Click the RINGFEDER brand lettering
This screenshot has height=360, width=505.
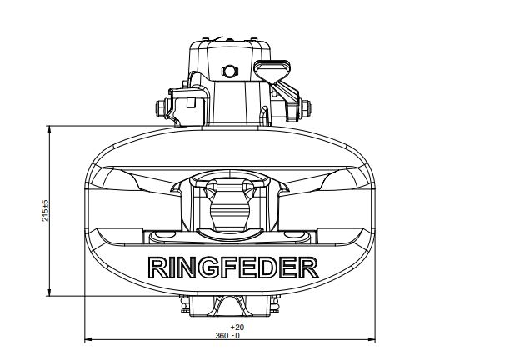[232, 267]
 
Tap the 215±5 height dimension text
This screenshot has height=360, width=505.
[46, 210]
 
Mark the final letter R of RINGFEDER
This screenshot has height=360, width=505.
[308, 267]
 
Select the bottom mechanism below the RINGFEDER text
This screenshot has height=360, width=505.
[232, 307]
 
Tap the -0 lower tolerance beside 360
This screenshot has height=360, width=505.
[236, 336]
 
